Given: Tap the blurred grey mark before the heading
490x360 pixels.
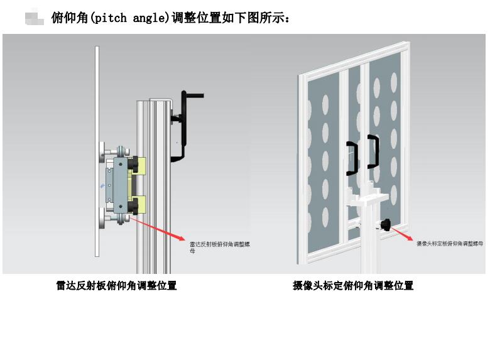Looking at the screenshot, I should click(35, 18).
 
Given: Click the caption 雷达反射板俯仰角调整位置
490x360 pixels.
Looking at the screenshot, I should click(117, 286).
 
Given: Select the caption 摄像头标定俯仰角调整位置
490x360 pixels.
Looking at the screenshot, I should click(353, 286).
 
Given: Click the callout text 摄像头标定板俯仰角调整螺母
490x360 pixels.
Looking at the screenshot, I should click(450, 242).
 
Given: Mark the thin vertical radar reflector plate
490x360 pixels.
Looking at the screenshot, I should click(97, 151).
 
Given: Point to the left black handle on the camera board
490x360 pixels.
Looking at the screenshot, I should click(352, 155).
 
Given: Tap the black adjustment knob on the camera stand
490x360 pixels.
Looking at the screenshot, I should click(385, 223).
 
